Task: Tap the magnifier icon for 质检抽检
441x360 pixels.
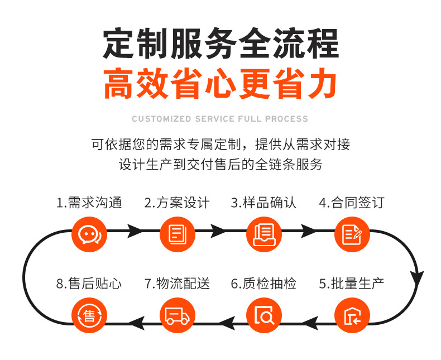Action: tap(264, 316)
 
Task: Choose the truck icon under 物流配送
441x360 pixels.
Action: tap(177, 316)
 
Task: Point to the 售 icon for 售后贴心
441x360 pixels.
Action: tap(89, 316)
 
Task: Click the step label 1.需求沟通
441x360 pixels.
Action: tap(89, 203)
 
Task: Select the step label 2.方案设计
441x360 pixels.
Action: tap(177, 203)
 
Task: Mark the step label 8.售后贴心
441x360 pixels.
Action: tap(89, 284)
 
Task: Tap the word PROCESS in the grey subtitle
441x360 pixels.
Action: tap(286, 119)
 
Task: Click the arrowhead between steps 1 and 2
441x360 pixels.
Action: tap(135, 230)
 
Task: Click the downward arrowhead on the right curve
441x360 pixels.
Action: tap(418, 276)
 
